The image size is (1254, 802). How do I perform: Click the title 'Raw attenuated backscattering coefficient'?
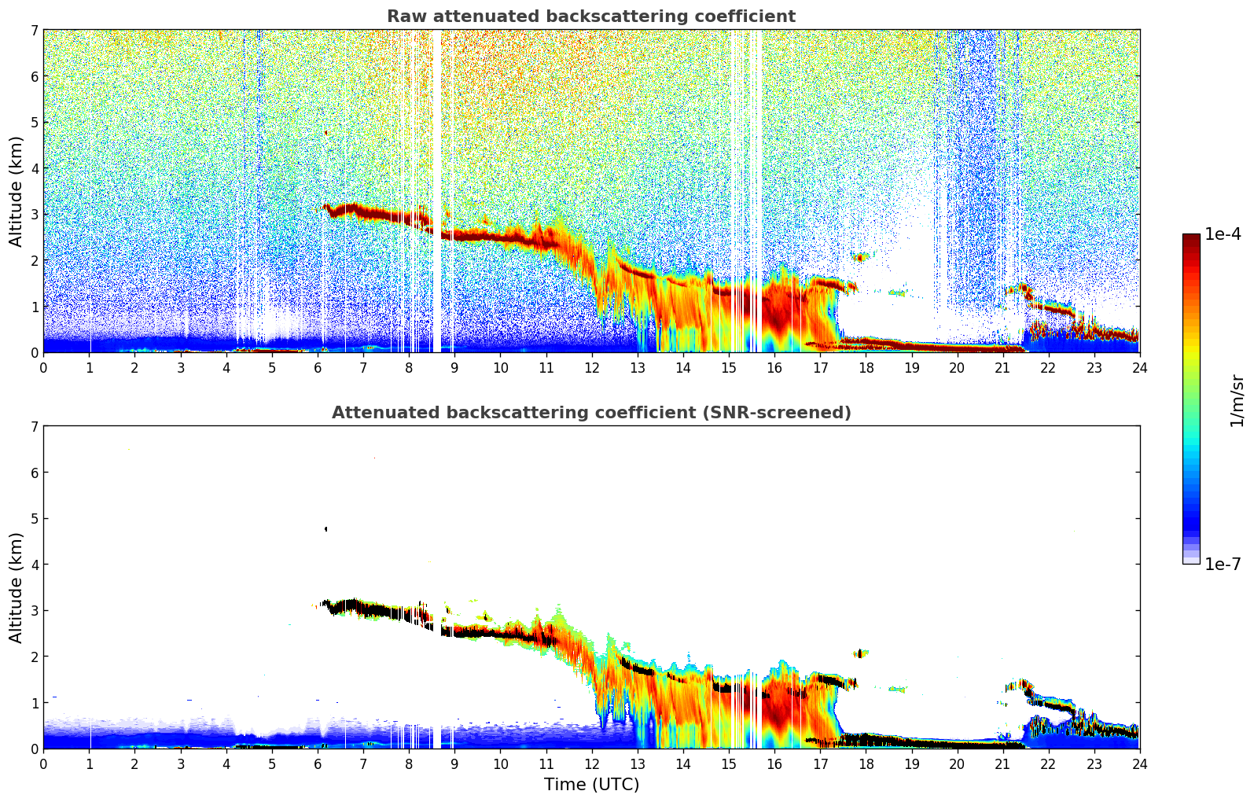tap(590, 17)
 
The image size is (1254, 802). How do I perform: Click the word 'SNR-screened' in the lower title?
tap(793, 413)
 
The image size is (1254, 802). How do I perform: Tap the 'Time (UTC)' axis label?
tap(591, 785)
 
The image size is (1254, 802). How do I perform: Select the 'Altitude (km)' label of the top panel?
tap(17, 191)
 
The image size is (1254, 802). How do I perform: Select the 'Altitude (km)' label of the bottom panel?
tap(17, 587)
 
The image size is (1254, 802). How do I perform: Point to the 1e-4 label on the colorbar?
tap(1223, 234)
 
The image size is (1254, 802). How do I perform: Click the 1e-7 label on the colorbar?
tap(1223, 564)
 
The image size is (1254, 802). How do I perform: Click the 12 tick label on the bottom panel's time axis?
tap(591, 764)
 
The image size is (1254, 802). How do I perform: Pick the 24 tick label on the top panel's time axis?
tap(1139, 368)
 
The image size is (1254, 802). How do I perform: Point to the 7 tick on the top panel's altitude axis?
tap(34, 31)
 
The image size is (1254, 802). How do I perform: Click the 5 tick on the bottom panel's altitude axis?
tap(34, 519)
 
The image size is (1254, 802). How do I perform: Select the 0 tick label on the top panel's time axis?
tap(43, 368)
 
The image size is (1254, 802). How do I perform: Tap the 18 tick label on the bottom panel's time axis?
tap(866, 764)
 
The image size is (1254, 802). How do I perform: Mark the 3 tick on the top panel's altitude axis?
tap(34, 215)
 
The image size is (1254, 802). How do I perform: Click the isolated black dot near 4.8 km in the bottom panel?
tap(325, 529)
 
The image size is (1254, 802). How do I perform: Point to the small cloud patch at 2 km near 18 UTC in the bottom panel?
tap(861, 653)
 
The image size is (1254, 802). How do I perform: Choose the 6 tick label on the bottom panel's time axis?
tap(318, 764)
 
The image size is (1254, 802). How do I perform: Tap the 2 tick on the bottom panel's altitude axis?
tap(34, 657)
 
